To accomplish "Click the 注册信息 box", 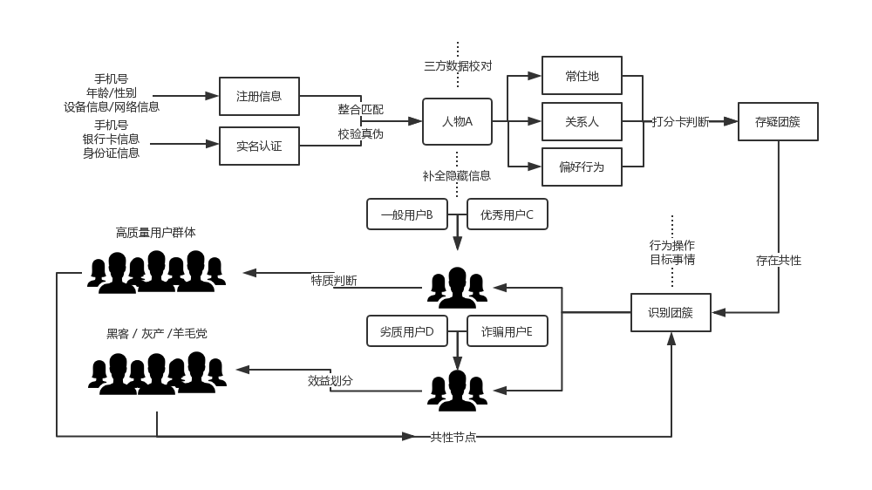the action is pos(259,96).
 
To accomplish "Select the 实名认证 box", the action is pos(259,146).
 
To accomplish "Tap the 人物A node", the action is pos(457,121).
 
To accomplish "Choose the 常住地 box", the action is pos(582,76).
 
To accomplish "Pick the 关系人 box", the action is pos(582,121).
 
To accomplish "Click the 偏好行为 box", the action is pos(582,167).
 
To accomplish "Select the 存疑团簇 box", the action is pos(778,121).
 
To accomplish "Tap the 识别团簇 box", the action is pos(671,313).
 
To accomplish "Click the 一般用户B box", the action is pos(407,214).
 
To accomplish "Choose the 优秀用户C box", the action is pos(508,214).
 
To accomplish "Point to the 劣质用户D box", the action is pos(407,331).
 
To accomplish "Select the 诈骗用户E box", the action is pos(508,331).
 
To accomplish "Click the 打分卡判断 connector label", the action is pos(681,122).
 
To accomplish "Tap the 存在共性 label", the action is pos(779,261).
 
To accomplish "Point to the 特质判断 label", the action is pos(334,281).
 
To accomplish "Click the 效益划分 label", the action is pos(330,381).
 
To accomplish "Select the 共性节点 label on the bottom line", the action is pos(453,437).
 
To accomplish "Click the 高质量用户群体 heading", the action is pos(156,233).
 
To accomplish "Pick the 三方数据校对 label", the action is pos(459,66).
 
